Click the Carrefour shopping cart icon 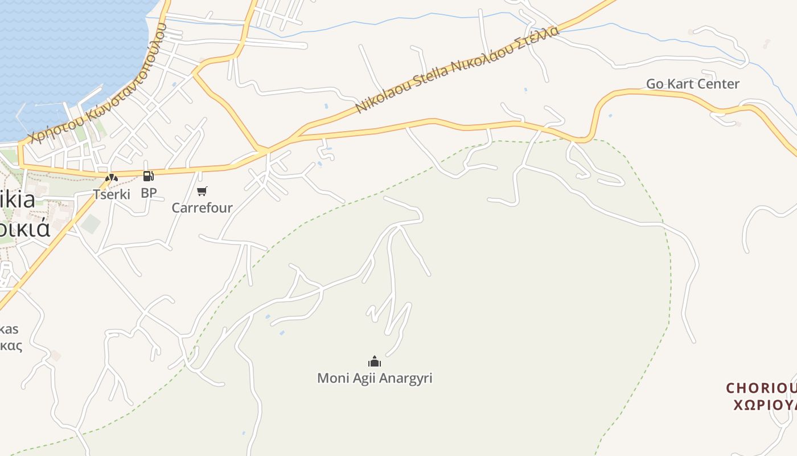click(202, 191)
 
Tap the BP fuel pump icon click(148, 176)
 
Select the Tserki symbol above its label click(111, 178)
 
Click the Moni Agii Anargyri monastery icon click(374, 361)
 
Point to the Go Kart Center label click(692, 84)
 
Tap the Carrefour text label click(202, 207)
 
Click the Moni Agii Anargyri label click(375, 378)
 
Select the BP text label click(149, 193)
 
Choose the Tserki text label click(112, 194)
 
